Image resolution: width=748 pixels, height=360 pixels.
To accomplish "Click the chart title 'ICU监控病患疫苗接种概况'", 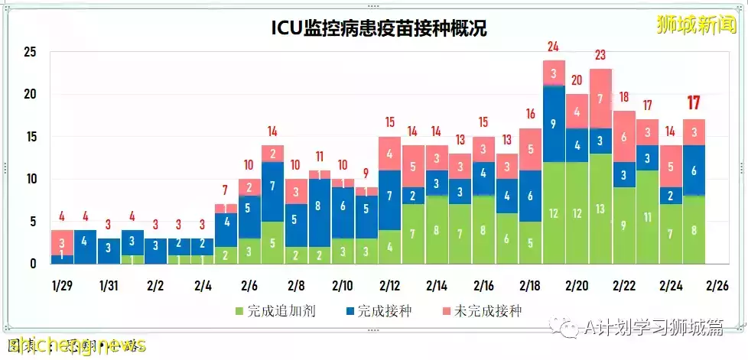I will point(379,28).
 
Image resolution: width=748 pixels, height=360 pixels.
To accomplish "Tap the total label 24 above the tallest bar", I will point(554,47).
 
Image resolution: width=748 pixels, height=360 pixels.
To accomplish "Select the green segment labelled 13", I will point(600,209).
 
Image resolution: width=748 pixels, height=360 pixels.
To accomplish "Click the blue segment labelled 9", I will point(554,124).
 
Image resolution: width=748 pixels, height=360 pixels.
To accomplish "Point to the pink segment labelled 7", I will point(600,99).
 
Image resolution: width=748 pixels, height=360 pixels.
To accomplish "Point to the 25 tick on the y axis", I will point(31,53).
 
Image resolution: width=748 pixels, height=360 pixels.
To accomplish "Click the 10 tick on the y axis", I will point(31,180).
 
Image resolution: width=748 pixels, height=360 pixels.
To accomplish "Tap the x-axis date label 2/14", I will point(437,286).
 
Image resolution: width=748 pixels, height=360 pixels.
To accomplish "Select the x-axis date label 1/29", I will point(61,286).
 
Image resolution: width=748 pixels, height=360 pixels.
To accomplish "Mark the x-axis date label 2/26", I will point(717,286).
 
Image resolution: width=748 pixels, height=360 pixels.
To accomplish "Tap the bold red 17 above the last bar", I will point(694,102).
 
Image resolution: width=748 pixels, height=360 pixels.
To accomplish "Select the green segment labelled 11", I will point(647,217).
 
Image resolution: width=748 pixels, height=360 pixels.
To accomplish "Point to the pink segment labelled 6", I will point(624,137).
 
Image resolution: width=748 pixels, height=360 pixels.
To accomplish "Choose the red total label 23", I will point(600,55).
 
